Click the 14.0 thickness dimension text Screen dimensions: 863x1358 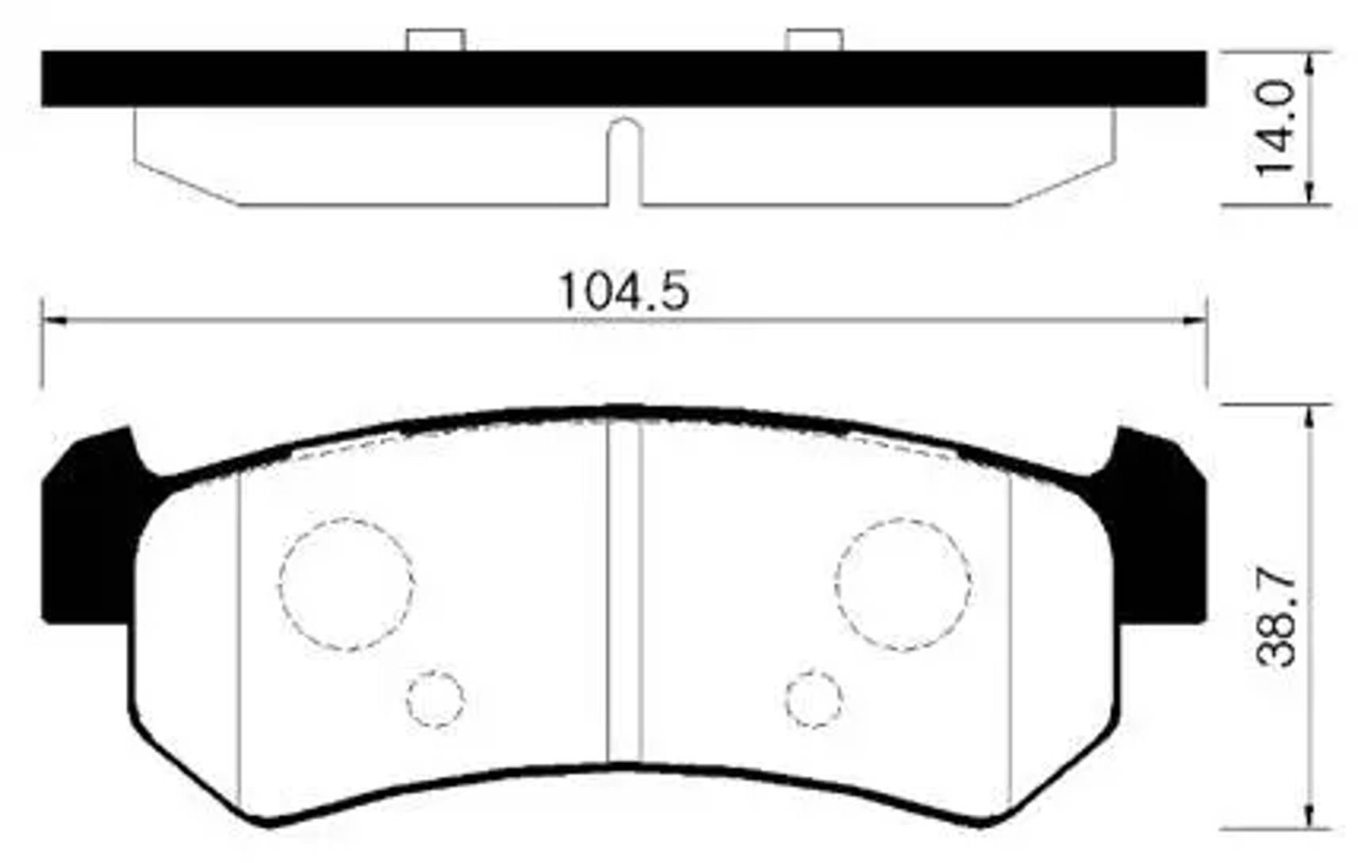(1276, 128)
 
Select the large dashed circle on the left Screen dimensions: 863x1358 (346, 585)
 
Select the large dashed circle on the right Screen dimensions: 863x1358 (903, 585)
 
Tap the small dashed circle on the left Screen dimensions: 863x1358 (435, 699)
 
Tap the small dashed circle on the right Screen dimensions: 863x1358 (814, 699)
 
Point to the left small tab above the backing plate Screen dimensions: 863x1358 (435, 40)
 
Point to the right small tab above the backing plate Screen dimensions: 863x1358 (814, 40)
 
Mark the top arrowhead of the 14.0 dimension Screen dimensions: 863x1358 (1309, 63)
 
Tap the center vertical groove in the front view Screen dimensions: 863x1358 (623, 595)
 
